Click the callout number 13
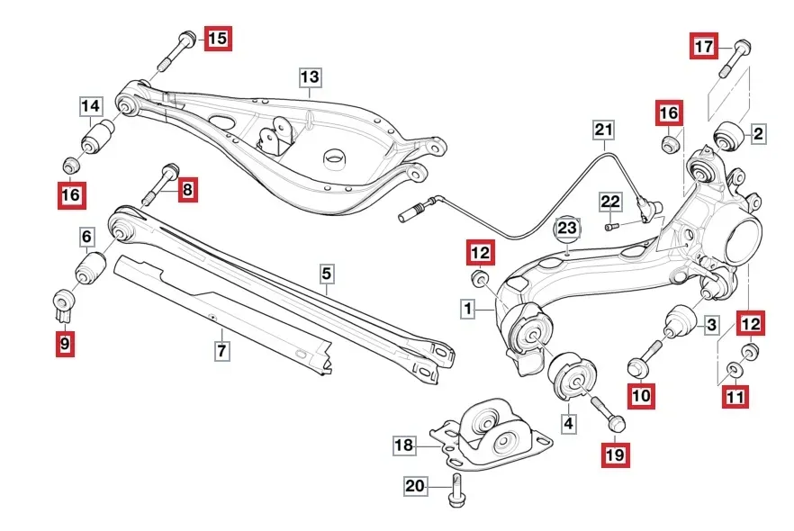pos(310,77)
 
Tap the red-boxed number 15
pos(218,38)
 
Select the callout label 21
pos(603,130)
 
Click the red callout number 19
pos(615,454)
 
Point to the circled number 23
pos(567,229)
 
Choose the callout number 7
pos(221,350)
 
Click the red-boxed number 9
pos(66,344)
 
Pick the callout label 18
pos(404,445)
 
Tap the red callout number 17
pos(704,46)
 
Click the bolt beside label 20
pos(456,490)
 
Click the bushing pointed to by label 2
pos(727,135)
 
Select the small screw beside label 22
pos(612,226)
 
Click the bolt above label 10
pos(645,359)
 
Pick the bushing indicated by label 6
pos(91,268)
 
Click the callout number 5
pos(327,274)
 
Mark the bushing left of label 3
pos(679,321)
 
